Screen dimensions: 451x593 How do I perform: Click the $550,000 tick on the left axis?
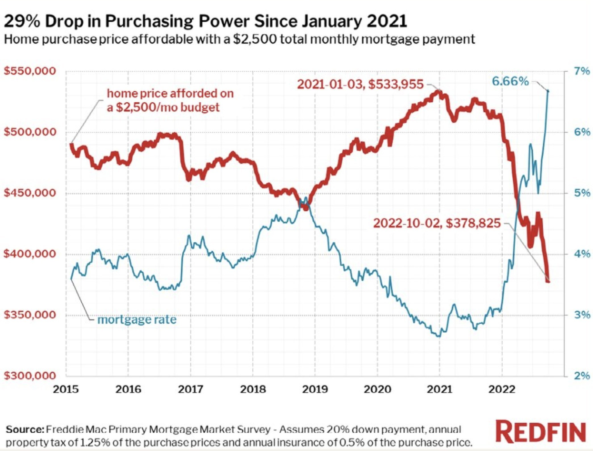point(30,71)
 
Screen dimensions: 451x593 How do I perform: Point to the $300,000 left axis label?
point(30,376)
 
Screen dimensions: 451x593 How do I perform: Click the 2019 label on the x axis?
point(315,389)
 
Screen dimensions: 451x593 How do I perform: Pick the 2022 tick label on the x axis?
point(502,389)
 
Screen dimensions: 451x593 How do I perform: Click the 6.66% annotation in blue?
point(510,81)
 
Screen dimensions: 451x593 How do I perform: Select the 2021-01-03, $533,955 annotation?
point(360,84)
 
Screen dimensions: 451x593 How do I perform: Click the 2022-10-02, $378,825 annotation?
point(437,223)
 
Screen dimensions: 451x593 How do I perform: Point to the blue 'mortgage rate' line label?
point(137,320)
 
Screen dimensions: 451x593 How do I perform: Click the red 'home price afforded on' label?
point(170,94)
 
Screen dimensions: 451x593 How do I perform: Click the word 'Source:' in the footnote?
point(25,429)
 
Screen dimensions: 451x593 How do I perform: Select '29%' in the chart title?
point(22,21)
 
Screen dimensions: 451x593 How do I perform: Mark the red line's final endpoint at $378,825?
point(548,281)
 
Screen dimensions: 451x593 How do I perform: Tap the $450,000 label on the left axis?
point(30,193)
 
